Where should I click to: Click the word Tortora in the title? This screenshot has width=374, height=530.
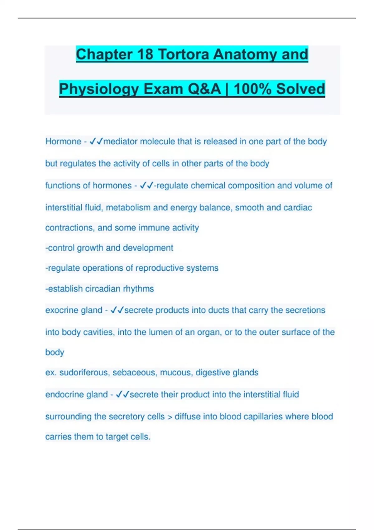click(x=184, y=54)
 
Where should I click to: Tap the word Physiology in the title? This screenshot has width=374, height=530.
click(x=99, y=89)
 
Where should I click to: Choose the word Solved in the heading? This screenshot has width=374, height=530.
click(x=300, y=89)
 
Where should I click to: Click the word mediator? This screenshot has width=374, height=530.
click(x=120, y=142)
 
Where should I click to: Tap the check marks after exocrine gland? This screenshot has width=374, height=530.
click(x=117, y=310)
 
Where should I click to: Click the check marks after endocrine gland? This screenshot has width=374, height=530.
click(x=122, y=395)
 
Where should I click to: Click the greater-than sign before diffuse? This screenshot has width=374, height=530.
click(x=170, y=417)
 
